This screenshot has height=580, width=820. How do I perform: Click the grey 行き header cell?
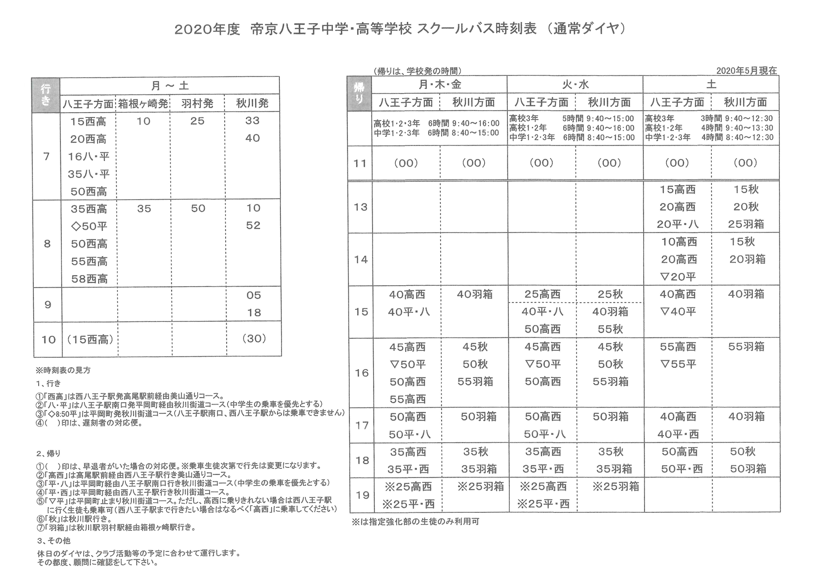pyautogui.click(x=45, y=95)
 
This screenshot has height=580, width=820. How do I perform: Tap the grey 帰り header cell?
pyautogui.click(x=360, y=93)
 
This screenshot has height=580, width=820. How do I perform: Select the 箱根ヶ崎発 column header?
pyautogui.click(x=144, y=103)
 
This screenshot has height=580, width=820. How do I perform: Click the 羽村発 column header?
pyautogui.click(x=197, y=103)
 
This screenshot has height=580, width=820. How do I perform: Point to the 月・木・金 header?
pyautogui.click(x=440, y=85)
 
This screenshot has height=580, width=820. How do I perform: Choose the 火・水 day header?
pyautogui.click(x=575, y=85)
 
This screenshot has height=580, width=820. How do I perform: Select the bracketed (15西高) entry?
pyautogui.click(x=90, y=339)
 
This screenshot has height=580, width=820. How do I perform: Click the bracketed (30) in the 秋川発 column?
pyautogui.click(x=254, y=339)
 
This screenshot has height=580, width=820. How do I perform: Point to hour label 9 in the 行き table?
pyautogui.click(x=47, y=304)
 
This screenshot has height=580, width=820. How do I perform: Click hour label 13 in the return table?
pyautogui.click(x=360, y=207)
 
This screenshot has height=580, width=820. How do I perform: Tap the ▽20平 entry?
pyautogui.click(x=678, y=276)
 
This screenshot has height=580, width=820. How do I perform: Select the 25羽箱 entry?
pyautogui.click(x=746, y=224)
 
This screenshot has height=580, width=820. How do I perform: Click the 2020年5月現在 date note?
pyautogui.click(x=747, y=71)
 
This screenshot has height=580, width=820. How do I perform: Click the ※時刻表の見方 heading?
pyautogui.click(x=63, y=371)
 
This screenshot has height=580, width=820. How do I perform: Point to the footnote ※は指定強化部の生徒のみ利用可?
pyautogui.click(x=415, y=522)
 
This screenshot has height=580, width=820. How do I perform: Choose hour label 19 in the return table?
pyautogui.click(x=362, y=495)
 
